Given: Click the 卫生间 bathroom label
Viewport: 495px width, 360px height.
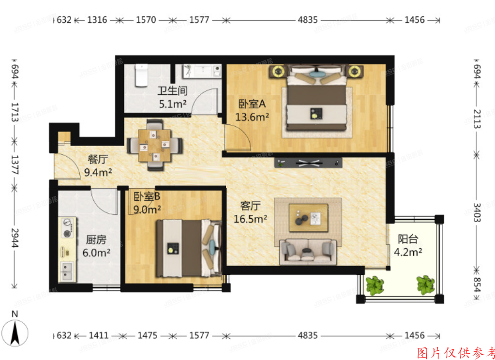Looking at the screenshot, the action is click(x=172, y=91).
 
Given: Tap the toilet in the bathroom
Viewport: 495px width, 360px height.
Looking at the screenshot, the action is click(x=141, y=75).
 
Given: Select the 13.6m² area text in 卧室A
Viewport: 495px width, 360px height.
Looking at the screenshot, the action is click(x=252, y=117).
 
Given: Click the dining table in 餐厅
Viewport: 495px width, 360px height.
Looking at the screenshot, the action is click(x=155, y=145).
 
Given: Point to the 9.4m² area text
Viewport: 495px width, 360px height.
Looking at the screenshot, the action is click(x=98, y=172).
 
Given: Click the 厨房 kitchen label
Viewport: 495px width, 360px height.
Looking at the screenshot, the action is click(x=96, y=240).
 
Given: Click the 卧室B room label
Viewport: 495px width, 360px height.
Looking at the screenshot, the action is click(x=147, y=197).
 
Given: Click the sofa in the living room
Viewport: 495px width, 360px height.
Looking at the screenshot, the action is click(x=308, y=252).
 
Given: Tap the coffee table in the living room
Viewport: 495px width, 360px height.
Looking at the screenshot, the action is click(x=308, y=218).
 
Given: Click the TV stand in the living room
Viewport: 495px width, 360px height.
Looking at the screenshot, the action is click(x=308, y=163).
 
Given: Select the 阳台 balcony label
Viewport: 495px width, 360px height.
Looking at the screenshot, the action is click(x=408, y=239).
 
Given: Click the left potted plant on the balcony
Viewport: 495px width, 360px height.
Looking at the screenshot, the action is click(x=375, y=285).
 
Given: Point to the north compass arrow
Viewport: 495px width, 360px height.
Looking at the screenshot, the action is click(x=15, y=332).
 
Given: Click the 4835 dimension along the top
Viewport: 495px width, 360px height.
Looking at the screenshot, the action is click(x=308, y=20).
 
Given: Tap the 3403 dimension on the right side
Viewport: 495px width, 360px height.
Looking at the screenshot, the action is click(x=477, y=212).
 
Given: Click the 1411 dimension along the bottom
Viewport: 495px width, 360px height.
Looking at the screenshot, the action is click(x=99, y=335).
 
